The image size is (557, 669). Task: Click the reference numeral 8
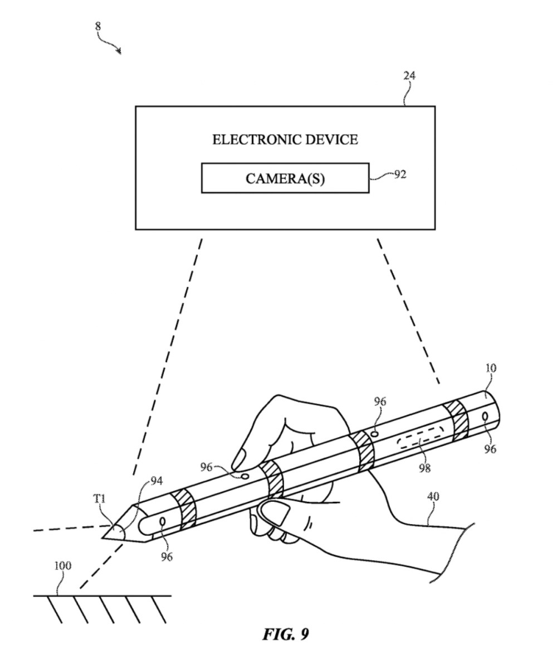click(98, 26)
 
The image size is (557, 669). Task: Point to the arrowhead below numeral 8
click(119, 52)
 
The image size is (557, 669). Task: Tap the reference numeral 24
click(409, 76)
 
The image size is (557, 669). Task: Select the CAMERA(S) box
click(285, 178)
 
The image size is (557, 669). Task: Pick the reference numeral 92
click(400, 174)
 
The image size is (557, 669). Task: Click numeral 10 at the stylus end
click(491, 369)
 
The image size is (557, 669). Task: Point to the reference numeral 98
click(424, 468)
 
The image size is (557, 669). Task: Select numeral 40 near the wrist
click(433, 496)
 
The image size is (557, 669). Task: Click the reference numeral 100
click(62, 566)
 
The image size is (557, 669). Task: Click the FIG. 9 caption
click(286, 634)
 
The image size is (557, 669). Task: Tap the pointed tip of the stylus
click(104, 537)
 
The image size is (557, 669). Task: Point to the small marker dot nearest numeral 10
click(485, 417)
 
